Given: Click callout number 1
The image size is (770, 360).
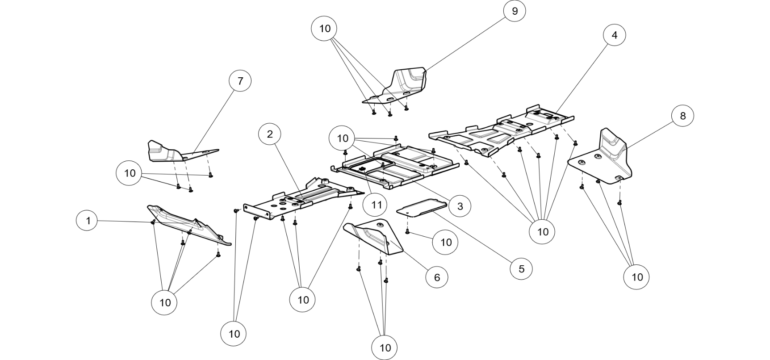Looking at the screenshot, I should click(88, 221).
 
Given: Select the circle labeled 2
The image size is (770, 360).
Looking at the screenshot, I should click(269, 134).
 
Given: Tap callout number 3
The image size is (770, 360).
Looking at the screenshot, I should click(460, 206).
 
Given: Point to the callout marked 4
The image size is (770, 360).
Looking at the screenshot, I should click(614, 35).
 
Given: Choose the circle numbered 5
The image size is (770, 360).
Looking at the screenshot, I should click(521, 269).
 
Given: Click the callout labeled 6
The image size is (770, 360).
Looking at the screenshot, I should click(437, 277).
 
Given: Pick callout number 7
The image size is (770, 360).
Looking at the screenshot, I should click(240, 81).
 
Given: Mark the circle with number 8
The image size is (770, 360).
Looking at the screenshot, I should click(682, 116).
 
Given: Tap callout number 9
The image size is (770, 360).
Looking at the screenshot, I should click(515, 11).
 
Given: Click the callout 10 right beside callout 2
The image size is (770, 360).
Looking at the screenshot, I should click(342, 138).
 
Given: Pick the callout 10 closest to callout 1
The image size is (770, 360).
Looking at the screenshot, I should click(129, 173).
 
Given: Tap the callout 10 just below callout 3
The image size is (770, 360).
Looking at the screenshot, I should click(446, 243).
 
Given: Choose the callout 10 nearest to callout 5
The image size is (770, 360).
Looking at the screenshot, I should click(542, 232).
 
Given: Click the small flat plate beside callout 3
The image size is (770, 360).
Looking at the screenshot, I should click(422, 209).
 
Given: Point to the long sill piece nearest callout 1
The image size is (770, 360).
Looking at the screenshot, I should click(188, 223).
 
